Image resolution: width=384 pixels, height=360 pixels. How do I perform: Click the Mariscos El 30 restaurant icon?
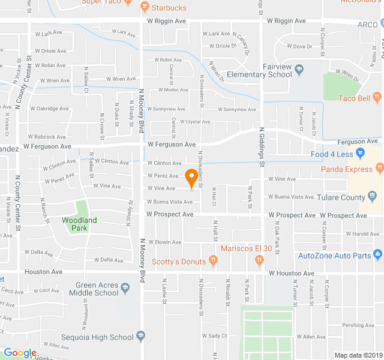coord(259,260)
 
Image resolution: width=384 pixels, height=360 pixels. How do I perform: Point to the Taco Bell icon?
coord(377,97)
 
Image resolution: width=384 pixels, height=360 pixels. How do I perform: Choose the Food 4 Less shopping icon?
coord(360,154)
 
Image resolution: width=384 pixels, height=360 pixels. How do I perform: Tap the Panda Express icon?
coord(379,169)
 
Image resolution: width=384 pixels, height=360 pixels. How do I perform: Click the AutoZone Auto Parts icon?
coord(377,256)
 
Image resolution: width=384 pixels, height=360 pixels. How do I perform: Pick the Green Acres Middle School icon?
coord(125,289)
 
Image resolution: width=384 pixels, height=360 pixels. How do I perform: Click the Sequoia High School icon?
coord(140,336)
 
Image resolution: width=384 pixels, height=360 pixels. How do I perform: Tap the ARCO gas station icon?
coord(380,24)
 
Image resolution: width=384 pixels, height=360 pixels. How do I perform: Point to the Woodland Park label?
coord(79,224)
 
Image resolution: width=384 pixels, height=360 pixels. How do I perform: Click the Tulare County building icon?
coord(372,197)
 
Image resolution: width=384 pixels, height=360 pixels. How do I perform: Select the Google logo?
coord(19,353)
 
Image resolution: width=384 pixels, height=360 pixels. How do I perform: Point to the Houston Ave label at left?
coord(43,272)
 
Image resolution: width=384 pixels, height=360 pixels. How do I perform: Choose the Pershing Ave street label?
coord(357,325)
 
